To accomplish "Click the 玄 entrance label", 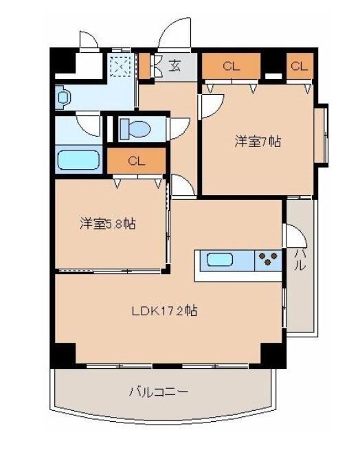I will (x=175, y=67).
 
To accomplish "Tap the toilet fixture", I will (x=135, y=128).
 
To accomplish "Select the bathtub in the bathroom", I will (x=79, y=160).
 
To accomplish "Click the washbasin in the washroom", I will (x=64, y=98).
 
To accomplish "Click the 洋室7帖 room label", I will (x=258, y=142).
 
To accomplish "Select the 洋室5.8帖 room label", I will (x=106, y=223).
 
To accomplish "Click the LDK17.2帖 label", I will (x=165, y=311).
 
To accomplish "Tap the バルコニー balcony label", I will (x=159, y=392).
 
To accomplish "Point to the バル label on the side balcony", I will (x=300, y=260).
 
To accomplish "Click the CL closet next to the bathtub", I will (x=136, y=162).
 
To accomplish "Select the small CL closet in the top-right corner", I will (x=299, y=66).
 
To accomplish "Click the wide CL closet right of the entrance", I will (x=230, y=66).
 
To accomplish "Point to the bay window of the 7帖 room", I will (x=321, y=135).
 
